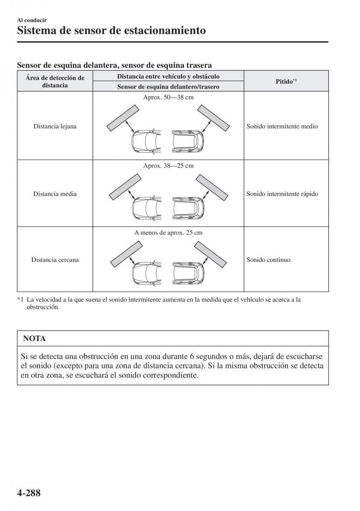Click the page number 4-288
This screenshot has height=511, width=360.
click(29, 494)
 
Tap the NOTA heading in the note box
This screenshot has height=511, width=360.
click(35, 339)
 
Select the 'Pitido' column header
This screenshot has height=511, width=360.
click(286, 81)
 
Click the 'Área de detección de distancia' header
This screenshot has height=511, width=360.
click(55, 81)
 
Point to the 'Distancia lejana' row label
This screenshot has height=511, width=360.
click(55, 126)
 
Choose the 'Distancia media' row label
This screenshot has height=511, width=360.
click(55, 194)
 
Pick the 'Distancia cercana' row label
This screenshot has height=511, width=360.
click(55, 260)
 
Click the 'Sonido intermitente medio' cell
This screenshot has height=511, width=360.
click(282, 126)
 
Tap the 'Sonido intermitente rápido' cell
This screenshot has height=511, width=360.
click(282, 194)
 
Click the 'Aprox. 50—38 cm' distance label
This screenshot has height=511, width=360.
click(168, 98)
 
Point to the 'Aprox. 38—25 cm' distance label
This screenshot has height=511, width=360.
click(168, 165)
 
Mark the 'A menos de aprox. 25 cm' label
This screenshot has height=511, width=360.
click(168, 233)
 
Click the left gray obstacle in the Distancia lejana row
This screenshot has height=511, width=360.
click(122, 118)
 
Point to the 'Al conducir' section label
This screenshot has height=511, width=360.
click(32, 20)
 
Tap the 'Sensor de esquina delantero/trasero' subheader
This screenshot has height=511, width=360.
click(168, 87)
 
